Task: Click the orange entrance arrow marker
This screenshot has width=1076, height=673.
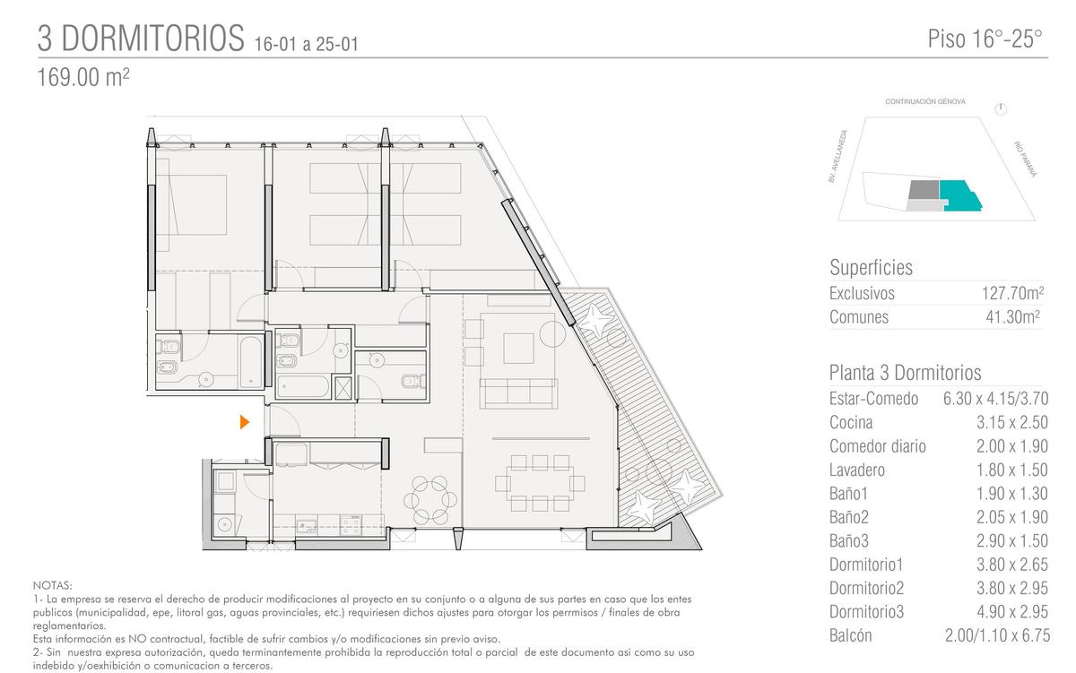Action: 245,422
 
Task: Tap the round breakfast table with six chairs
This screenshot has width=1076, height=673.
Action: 430,500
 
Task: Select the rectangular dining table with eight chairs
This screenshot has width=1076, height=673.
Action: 540,483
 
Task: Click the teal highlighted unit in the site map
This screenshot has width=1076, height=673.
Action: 959,195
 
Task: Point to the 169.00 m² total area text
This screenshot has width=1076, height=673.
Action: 83,77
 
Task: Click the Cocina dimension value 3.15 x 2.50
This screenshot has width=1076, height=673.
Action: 1012,422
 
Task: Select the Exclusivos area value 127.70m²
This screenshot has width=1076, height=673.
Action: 1012,293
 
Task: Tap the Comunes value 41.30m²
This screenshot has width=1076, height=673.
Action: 1013,317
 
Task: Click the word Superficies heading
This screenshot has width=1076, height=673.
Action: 871,267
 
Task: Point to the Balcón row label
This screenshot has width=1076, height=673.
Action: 850,635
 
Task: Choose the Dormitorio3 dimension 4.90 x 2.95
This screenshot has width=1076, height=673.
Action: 1012,612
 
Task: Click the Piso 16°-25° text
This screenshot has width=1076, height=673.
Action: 985,39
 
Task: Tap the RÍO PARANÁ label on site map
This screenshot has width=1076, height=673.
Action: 1026,159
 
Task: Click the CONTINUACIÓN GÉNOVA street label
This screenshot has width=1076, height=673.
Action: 925,102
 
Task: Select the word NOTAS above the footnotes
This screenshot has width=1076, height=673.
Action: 52,586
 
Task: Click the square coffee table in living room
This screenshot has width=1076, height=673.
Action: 518,349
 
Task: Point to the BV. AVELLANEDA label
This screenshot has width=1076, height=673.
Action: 837,156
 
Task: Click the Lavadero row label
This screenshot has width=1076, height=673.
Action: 857,470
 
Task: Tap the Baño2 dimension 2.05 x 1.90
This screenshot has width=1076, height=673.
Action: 1012,517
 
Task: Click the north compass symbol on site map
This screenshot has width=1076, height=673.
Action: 1001,109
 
